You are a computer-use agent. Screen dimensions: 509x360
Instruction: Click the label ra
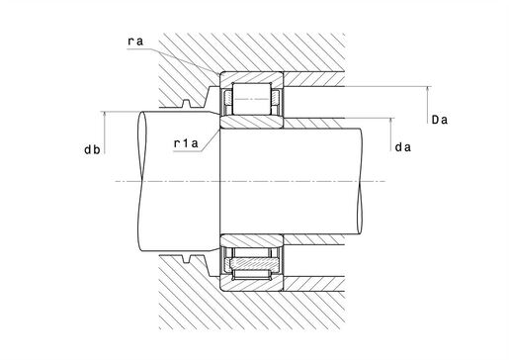click(135, 42)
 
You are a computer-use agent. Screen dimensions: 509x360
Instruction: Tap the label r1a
click(186, 143)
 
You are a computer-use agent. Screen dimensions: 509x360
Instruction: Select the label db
click(92, 149)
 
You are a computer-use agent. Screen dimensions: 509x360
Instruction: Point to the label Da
click(440, 120)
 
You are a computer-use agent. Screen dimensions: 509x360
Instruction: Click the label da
click(403, 147)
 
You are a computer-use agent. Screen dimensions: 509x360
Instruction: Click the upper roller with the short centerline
click(252, 99)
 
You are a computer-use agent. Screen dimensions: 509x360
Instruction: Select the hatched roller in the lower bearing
click(255, 263)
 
